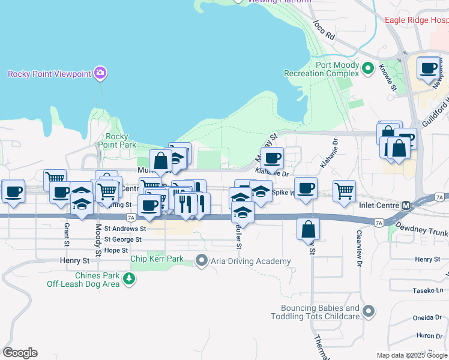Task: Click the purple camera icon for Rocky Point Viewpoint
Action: pos(100,73)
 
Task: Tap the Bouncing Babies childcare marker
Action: pos(369,311)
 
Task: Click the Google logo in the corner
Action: pos(20,353)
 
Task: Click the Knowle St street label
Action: pos(390,78)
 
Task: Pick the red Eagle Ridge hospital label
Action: pos(416,20)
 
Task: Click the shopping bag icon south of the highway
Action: pos(308,229)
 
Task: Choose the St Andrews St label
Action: pos(125,229)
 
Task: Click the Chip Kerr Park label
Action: pos(157,259)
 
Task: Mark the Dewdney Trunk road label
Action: pos(422,232)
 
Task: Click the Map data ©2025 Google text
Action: pos(411,355)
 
